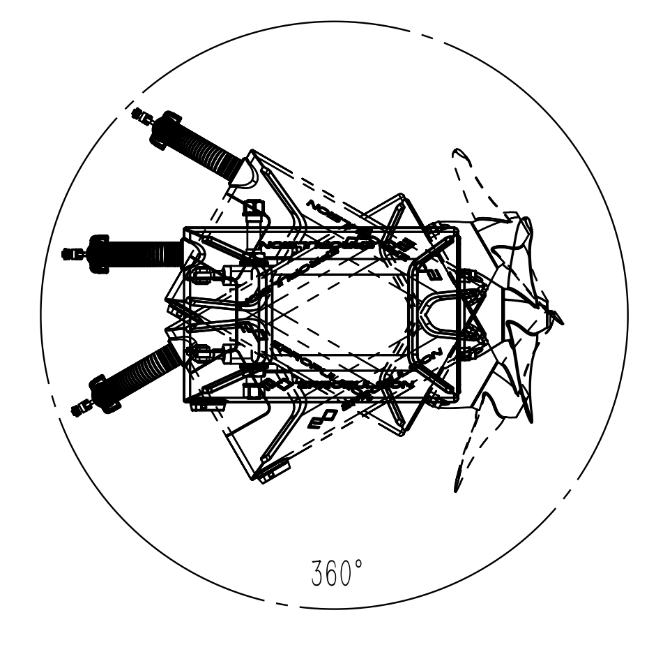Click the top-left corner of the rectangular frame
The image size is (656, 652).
[185, 228]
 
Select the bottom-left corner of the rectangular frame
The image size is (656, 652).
[185, 401]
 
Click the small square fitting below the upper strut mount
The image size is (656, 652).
[254, 207]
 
